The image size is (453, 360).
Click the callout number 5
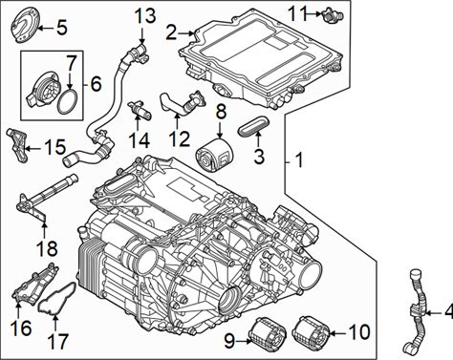click(x=62, y=28)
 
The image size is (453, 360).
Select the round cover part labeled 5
click(x=27, y=26)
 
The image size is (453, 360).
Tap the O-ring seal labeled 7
click(x=67, y=101)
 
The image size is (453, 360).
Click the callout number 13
click(x=145, y=15)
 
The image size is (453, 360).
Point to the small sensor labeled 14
click(x=140, y=109)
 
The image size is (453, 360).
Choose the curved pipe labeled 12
click(x=182, y=103)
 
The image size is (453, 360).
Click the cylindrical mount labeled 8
click(x=214, y=156)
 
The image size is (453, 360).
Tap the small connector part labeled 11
click(x=333, y=15)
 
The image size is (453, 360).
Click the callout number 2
click(x=171, y=32)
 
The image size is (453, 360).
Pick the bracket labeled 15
click(x=18, y=146)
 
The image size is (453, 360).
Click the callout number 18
click(x=47, y=248)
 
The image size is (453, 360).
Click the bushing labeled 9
click(x=266, y=332)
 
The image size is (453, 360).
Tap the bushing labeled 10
click(x=311, y=330)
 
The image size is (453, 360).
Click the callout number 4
click(x=448, y=312)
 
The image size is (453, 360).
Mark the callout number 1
click(x=299, y=160)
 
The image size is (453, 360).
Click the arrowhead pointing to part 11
click(x=318, y=13)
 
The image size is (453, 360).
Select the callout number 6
click(x=96, y=84)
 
